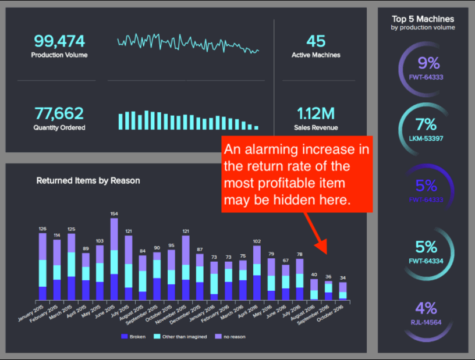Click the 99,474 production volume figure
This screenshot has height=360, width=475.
[x=59, y=41]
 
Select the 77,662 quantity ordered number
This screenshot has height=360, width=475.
[x=59, y=113]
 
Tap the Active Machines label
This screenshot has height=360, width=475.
[x=316, y=55]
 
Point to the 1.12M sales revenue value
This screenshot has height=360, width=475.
[x=316, y=113]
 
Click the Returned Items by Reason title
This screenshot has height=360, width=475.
[x=88, y=180]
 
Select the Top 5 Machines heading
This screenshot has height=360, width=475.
[x=423, y=19]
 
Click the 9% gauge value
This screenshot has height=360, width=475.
[x=428, y=63]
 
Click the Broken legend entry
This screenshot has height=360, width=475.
[x=134, y=337]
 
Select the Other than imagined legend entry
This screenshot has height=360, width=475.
[x=181, y=337]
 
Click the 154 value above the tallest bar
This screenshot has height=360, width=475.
[x=114, y=213]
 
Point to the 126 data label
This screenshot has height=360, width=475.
[x=42, y=229]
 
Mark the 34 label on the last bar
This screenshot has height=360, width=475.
[x=343, y=277]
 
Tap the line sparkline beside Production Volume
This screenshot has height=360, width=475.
[x=188, y=42]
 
